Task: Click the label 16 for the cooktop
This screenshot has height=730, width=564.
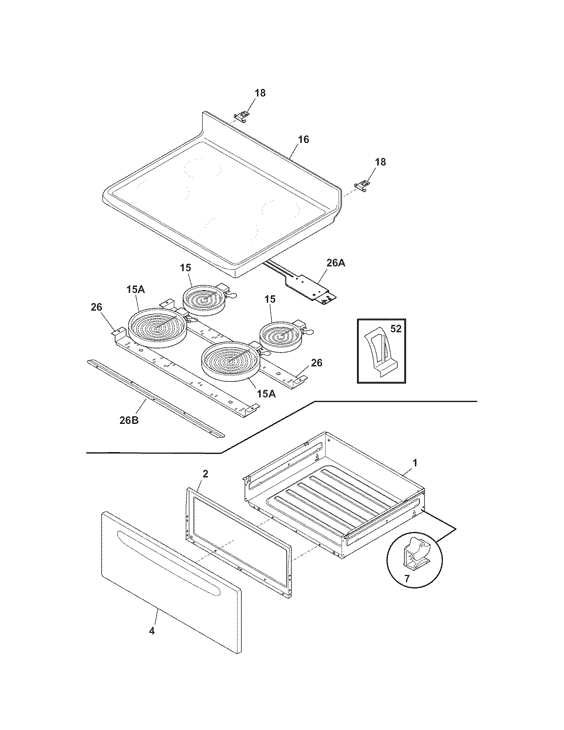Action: pos(303,139)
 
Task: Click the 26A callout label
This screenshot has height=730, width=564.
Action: pos(335,263)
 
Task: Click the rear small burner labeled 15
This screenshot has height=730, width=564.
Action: pos(204,300)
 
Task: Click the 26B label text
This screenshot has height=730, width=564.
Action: pos(129,420)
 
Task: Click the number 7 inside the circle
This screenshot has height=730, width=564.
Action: pos(407,578)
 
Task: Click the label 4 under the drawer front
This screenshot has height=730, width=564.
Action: pos(152,631)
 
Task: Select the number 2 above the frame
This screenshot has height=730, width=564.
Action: pos(205,474)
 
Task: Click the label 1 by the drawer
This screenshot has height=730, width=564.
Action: pos(414,463)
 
